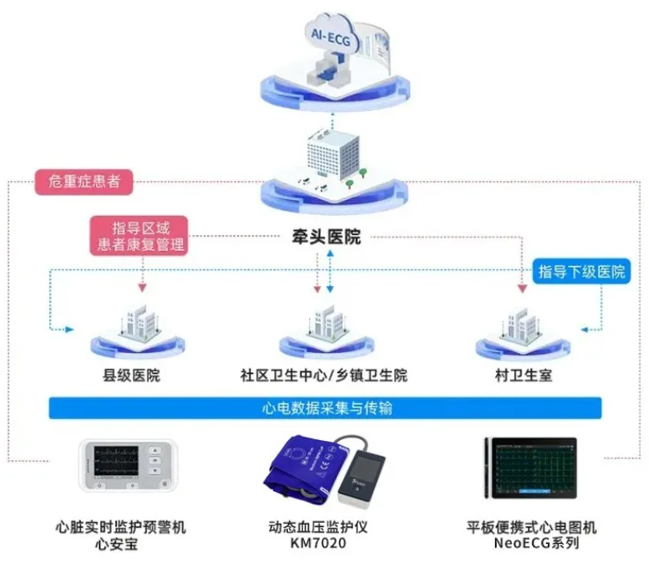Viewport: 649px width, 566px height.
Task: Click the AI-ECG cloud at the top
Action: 330,35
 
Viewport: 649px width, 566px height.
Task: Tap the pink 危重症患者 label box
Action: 84,181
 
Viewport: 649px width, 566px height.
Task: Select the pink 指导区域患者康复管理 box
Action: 139,236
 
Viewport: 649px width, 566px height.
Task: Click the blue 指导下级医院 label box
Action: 581,271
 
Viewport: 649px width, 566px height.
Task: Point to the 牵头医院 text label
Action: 326,237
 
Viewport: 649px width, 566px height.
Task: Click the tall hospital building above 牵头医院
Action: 333,155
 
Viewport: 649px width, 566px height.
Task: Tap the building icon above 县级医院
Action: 138,324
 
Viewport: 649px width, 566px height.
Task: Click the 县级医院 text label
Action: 131,375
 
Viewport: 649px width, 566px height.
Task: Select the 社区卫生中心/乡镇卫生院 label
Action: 324,375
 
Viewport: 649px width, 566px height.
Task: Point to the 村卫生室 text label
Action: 523,375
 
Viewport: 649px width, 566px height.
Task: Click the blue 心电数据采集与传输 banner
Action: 325,408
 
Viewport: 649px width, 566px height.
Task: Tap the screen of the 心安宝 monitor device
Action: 116,460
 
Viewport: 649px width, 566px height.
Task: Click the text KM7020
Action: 318,543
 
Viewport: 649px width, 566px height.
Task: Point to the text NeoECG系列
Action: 536,543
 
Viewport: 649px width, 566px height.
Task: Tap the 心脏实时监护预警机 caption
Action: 121,527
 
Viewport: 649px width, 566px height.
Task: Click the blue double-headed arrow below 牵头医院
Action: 330,271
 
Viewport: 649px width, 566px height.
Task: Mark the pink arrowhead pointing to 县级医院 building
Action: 143,288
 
